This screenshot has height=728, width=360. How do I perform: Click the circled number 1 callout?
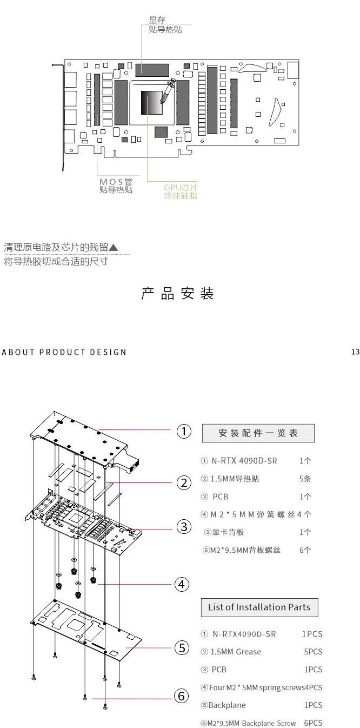point(184,432)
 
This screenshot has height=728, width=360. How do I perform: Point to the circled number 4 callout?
point(182,584)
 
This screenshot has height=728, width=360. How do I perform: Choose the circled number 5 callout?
point(182,647)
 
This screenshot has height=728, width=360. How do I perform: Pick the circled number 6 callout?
point(182,697)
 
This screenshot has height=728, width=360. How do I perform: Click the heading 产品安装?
point(178,294)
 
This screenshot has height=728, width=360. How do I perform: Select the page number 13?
point(355,352)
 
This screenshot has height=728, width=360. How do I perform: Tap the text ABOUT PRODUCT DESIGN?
point(64,352)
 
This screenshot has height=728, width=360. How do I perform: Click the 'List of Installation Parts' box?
point(259,607)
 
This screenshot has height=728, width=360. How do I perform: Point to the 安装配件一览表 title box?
point(258,433)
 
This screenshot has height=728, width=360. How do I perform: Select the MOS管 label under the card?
point(116,182)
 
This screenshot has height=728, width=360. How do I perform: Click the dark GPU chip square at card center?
point(152,103)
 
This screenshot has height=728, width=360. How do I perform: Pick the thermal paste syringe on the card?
point(167,91)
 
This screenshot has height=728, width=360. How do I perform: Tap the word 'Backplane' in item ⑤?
point(227,705)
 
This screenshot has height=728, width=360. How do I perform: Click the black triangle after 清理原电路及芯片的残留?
point(113,248)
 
